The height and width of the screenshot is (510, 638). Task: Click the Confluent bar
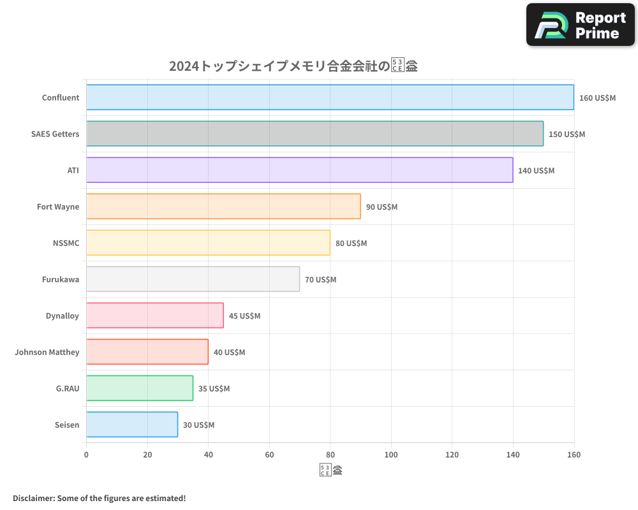point(330,98)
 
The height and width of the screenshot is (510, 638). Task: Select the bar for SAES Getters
point(315,134)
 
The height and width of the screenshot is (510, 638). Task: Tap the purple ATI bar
point(299,170)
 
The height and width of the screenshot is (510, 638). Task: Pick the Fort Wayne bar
point(223,207)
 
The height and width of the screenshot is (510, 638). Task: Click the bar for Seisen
point(132,425)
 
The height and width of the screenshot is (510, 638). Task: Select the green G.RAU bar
point(140,388)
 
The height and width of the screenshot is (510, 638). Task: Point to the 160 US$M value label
point(597,98)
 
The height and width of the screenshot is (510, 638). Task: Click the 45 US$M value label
point(244,316)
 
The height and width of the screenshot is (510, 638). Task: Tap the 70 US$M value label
point(320,280)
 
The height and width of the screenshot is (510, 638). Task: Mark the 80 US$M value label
point(351,244)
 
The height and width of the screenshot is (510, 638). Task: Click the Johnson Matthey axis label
point(47,352)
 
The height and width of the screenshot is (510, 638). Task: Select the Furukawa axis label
point(61,279)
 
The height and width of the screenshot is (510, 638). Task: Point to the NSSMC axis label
point(66,243)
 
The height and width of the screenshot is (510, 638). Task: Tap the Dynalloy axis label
point(63,316)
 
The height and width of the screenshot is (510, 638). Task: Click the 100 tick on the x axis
point(391,455)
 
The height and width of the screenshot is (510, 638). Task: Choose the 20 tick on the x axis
point(147,455)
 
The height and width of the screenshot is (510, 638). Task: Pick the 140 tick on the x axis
point(513,455)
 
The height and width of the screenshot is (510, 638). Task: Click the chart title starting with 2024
point(293,66)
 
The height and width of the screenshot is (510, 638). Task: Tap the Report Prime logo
point(580,25)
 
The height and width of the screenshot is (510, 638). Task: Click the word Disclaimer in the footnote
point(33,498)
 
